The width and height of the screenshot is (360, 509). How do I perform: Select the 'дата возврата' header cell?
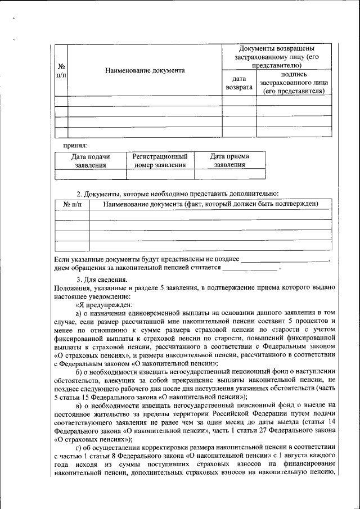tap(238, 83)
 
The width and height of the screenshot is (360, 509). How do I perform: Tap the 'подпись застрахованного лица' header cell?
tap(294, 82)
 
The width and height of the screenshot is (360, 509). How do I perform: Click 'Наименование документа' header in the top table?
tap(145, 71)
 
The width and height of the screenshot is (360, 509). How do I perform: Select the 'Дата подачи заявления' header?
tap(90, 160)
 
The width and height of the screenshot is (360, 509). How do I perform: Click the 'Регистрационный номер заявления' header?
tap(159, 160)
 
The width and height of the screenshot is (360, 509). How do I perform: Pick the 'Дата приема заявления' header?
tap(229, 160)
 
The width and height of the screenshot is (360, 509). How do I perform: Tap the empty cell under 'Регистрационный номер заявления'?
tap(159, 174)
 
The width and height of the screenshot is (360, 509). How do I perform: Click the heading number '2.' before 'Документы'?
tap(79, 193)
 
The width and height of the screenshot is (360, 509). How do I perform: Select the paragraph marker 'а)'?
tap(79, 312)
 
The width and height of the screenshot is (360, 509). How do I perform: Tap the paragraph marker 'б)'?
tap(79, 372)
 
